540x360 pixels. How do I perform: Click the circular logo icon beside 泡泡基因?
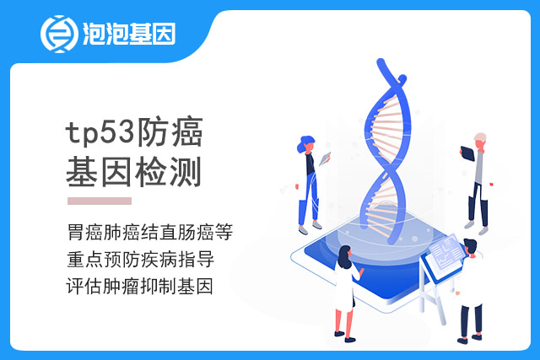(x=60, y=34)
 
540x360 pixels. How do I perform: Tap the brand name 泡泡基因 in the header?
(x=129, y=34)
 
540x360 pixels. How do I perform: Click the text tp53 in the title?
(x=100, y=133)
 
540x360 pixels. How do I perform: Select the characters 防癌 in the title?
(x=170, y=132)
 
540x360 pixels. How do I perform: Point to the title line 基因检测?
(x=133, y=172)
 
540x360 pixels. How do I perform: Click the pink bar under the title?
(x=100, y=201)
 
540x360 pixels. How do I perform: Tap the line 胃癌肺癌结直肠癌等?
(x=150, y=232)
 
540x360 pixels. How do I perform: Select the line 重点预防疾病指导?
(x=141, y=259)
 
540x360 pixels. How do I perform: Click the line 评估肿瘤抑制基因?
(x=139, y=287)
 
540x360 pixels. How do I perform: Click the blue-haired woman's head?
(x=305, y=144)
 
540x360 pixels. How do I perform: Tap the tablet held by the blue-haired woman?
(x=324, y=159)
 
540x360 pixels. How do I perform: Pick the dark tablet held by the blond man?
(x=467, y=153)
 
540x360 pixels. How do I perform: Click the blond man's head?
(x=480, y=140)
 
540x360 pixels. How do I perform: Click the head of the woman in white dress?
(x=345, y=256)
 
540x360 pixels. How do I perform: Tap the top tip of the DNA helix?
(x=381, y=62)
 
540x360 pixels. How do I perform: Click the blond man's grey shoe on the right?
(x=483, y=231)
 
